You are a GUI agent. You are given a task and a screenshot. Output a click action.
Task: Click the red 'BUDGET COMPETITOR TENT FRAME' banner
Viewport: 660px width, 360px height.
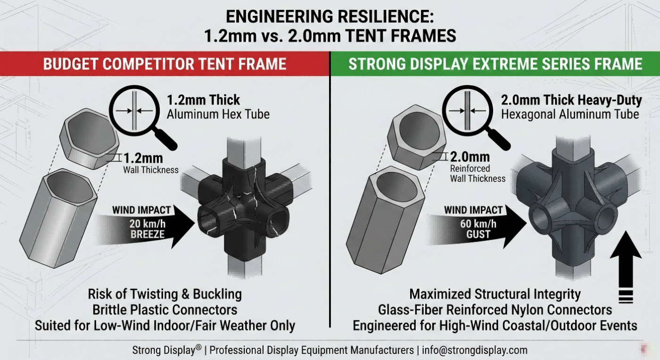pyautogui.click(x=165, y=64)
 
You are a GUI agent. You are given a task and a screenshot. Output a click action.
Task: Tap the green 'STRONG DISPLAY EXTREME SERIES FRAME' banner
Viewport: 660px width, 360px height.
pyautogui.click(x=495, y=64)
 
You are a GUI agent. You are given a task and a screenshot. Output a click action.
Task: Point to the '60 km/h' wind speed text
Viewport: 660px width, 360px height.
pyautogui.click(x=478, y=224)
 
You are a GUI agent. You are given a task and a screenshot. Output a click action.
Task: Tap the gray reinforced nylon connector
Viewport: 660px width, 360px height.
pyautogui.click(x=573, y=203)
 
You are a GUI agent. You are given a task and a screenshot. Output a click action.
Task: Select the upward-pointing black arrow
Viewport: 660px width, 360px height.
pyautogui.click(x=626, y=269)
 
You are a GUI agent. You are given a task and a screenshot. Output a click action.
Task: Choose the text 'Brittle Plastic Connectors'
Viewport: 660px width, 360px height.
pyautogui.click(x=165, y=310)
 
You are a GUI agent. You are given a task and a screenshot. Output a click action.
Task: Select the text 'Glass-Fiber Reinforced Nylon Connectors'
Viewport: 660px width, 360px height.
pyautogui.click(x=495, y=310)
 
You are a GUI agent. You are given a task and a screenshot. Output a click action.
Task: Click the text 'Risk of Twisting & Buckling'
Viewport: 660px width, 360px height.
pyautogui.click(x=165, y=295)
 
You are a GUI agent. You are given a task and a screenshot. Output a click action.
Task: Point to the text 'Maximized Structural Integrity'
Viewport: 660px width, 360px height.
pyautogui.click(x=495, y=295)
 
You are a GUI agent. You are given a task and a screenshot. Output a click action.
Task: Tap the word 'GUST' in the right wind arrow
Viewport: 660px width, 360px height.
pyautogui.click(x=478, y=234)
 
